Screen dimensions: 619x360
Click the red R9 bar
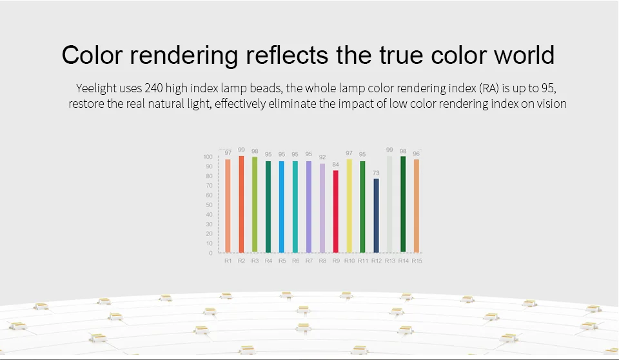pyautogui.click(x=335, y=212)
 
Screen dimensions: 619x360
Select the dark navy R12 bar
pyautogui.click(x=376, y=215)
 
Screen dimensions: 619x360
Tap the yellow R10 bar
pyautogui.click(x=349, y=206)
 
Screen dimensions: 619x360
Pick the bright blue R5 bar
pyautogui.click(x=282, y=206)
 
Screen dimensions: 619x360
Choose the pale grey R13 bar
pyautogui.click(x=389, y=205)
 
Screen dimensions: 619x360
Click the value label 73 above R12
pyautogui.click(x=376, y=173)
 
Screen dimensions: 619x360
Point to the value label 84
pyautogui.click(x=335, y=165)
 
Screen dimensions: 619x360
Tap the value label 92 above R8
pyautogui.click(x=322, y=157)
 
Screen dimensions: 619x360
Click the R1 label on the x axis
pyautogui.click(x=228, y=261)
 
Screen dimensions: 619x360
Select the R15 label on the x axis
pyautogui.click(x=417, y=261)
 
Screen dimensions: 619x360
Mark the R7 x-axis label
pyautogui.click(x=309, y=261)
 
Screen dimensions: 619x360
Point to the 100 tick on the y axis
pyautogui.click(x=208, y=157)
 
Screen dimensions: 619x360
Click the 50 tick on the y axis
pyautogui.click(x=209, y=205)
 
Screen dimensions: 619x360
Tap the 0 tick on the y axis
pyautogui.click(x=211, y=253)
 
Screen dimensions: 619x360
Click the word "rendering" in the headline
pyautogui.click(x=184, y=55)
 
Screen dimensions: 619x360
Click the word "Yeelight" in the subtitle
pyautogui.click(x=96, y=88)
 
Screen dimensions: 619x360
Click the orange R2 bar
pyautogui.click(x=241, y=205)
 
